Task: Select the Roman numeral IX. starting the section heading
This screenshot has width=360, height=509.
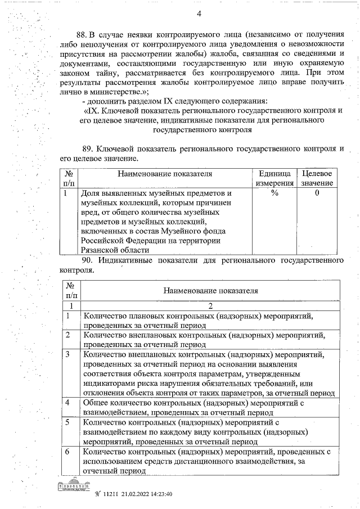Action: (90, 110)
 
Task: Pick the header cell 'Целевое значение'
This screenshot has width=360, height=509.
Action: (317, 178)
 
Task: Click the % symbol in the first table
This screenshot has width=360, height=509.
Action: (274, 193)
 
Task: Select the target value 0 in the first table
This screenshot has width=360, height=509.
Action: (317, 193)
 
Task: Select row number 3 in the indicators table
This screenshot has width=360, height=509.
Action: (67, 354)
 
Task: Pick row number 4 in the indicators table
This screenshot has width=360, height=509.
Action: (67, 403)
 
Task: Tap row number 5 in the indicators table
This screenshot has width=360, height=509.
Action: (67, 422)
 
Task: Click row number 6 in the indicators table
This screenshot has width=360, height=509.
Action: (67, 451)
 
